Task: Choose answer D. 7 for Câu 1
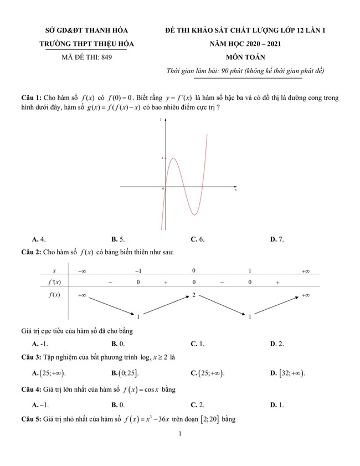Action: [x=276, y=239]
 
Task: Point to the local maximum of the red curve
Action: [x=173, y=158]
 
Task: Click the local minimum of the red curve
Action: [x=194, y=214]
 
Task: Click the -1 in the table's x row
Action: [x=138, y=271]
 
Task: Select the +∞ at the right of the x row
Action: [x=305, y=271]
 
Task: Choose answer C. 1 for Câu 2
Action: [x=197, y=344]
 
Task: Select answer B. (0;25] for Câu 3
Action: [x=125, y=373]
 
